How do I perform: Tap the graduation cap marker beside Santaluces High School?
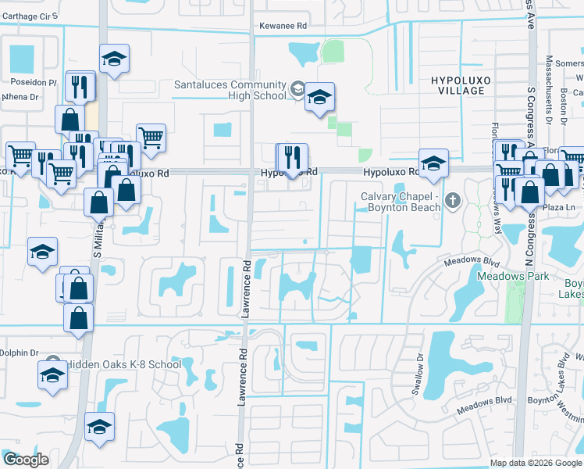(319, 97)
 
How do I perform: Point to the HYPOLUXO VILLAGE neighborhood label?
(458, 85)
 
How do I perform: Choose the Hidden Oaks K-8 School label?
(123, 364)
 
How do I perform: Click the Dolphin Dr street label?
(19, 353)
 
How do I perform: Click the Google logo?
(25, 460)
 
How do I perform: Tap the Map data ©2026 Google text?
(535, 463)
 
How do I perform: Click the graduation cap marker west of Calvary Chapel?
(433, 163)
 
